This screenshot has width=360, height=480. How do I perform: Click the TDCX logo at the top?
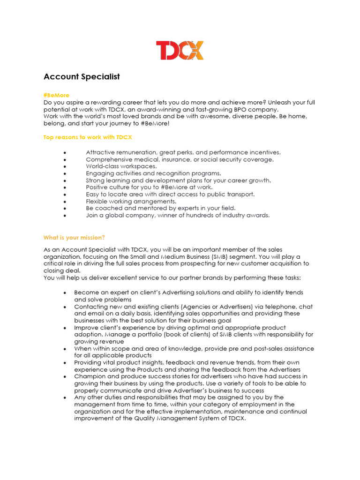point(180,51)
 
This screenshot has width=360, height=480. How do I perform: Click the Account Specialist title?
point(82,76)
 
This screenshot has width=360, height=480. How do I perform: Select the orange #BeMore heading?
point(56,95)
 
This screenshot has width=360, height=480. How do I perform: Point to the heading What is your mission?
point(74,237)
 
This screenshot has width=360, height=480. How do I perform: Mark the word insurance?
point(172,159)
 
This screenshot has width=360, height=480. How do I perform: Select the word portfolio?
point(131,335)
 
